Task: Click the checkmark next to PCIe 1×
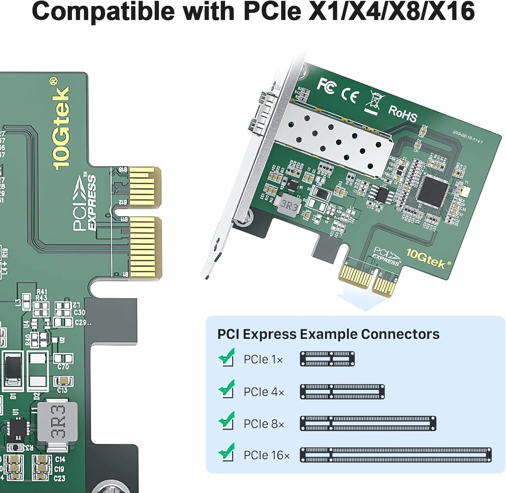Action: tap(226, 357)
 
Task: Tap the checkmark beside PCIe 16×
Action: tap(226, 452)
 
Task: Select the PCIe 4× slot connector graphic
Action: tap(342, 392)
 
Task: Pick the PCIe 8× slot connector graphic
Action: tap(368, 423)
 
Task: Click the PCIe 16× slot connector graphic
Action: tap(395, 455)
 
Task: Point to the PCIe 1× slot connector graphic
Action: tap(327, 359)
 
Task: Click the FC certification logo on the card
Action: tap(326, 86)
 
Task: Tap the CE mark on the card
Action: tap(349, 96)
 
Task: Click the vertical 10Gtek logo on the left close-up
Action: tap(61, 125)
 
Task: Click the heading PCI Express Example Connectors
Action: tap(328, 334)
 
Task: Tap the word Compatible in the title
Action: tap(103, 11)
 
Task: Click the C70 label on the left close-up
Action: tap(63, 366)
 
